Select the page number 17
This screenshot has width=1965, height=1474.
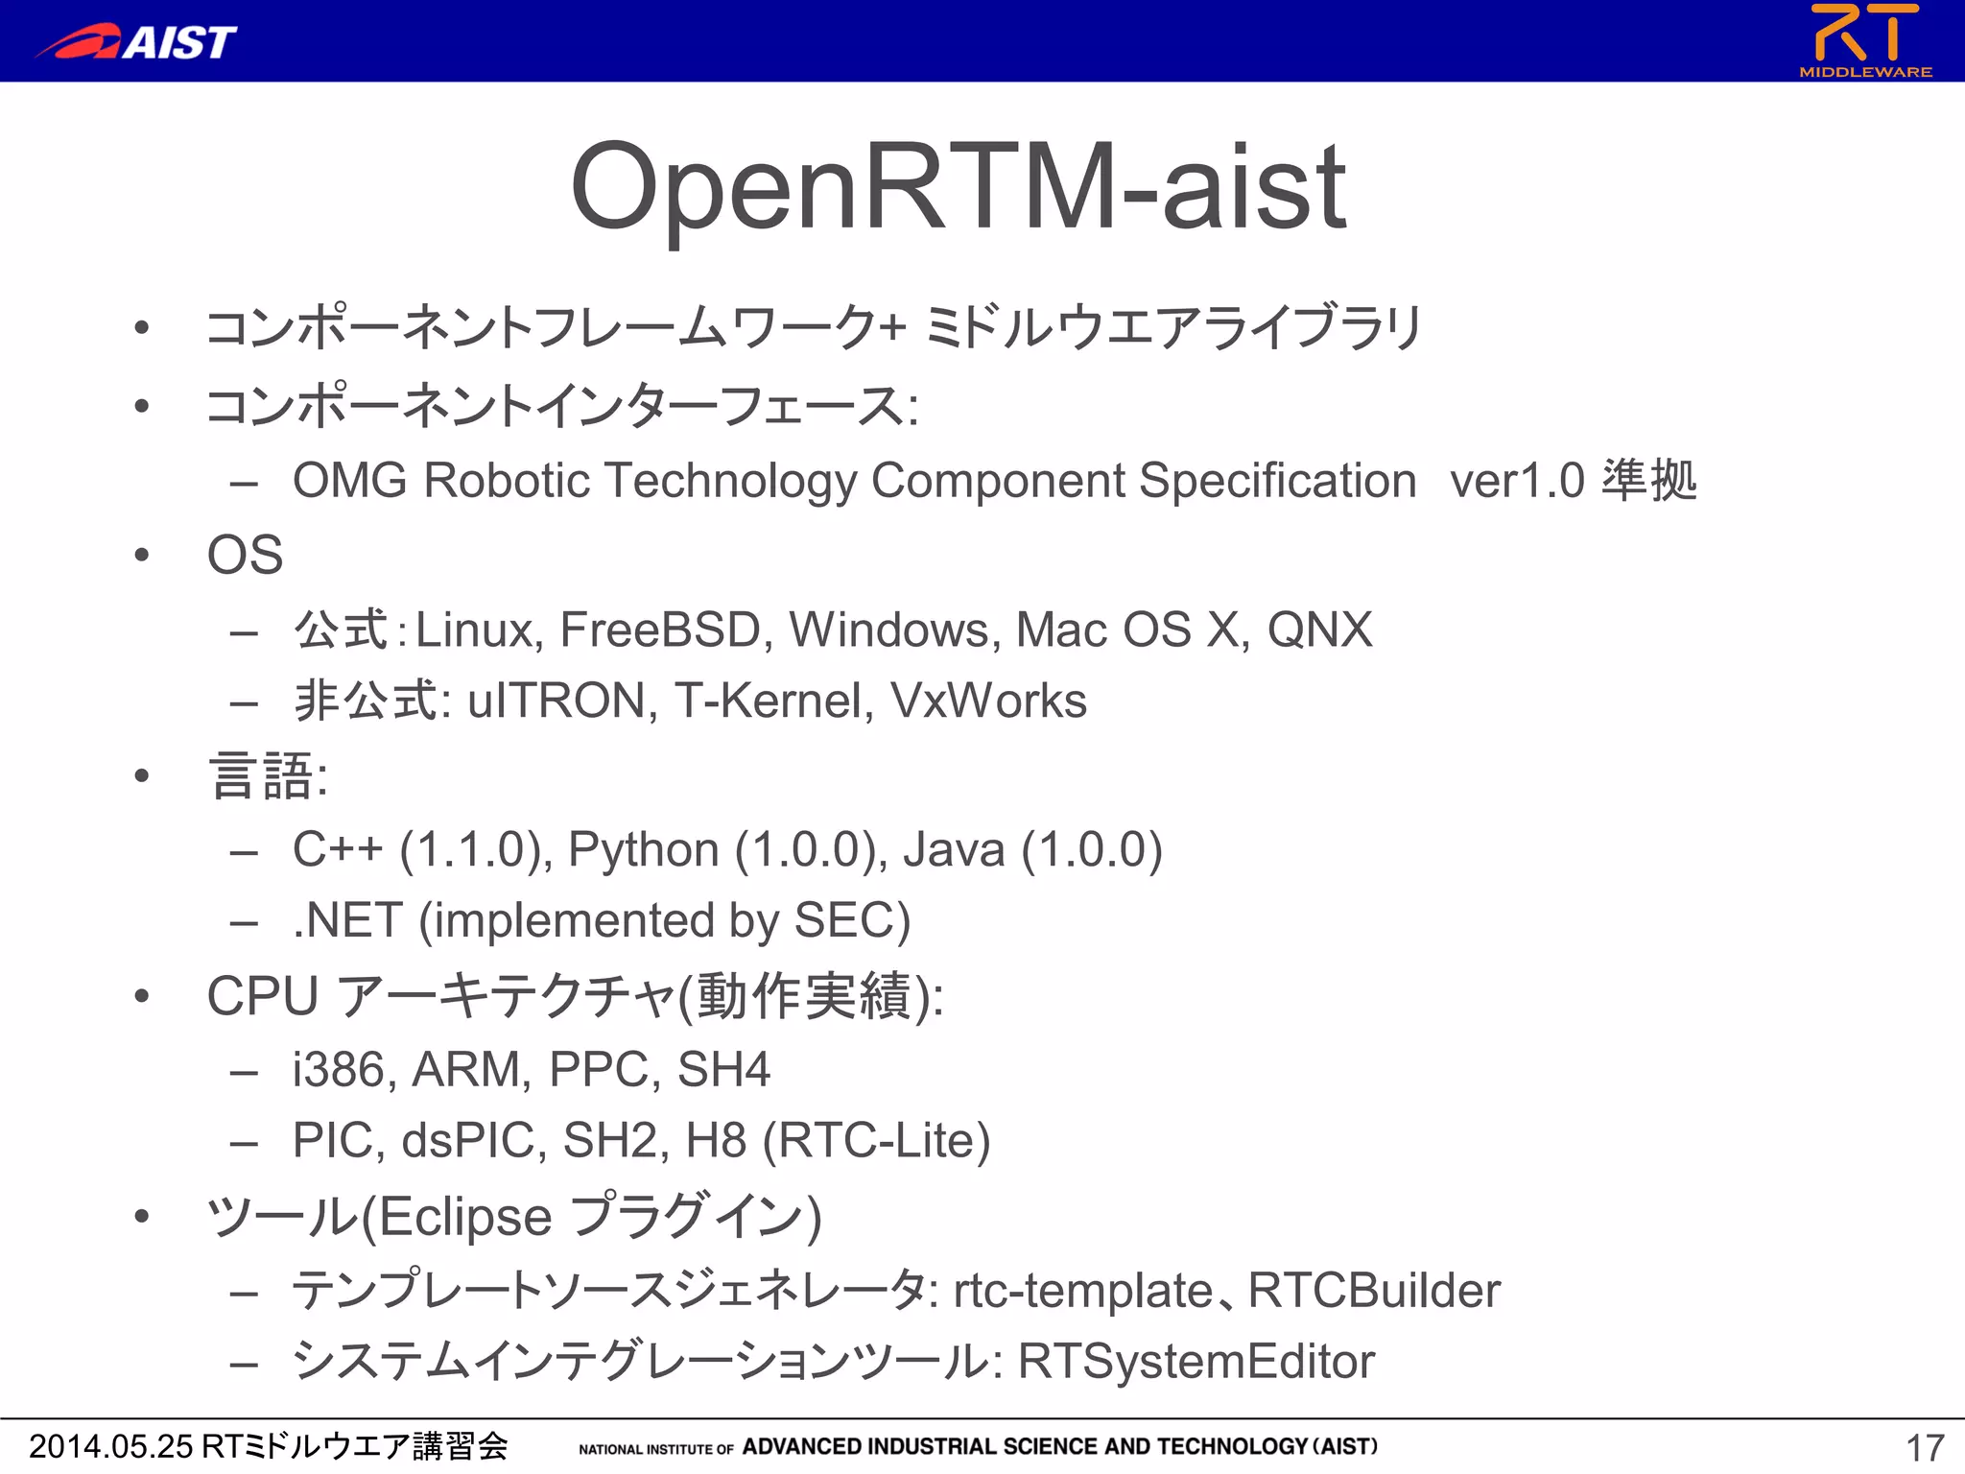[1924, 1447]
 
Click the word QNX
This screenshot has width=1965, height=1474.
[1319, 630]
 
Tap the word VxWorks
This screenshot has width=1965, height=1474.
[988, 701]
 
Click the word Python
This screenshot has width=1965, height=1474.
[643, 850]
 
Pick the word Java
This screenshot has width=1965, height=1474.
[954, 850]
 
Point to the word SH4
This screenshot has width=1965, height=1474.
[723, 1070]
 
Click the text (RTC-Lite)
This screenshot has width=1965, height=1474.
[876, 1141]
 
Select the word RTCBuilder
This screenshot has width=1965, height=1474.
[1374, 1291]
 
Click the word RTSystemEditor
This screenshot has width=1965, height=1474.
[1196, 1362]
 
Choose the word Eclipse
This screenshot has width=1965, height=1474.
[465, 1217]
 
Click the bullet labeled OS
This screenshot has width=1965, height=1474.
[245, 556]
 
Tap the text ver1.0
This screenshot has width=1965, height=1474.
[1517, 481]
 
